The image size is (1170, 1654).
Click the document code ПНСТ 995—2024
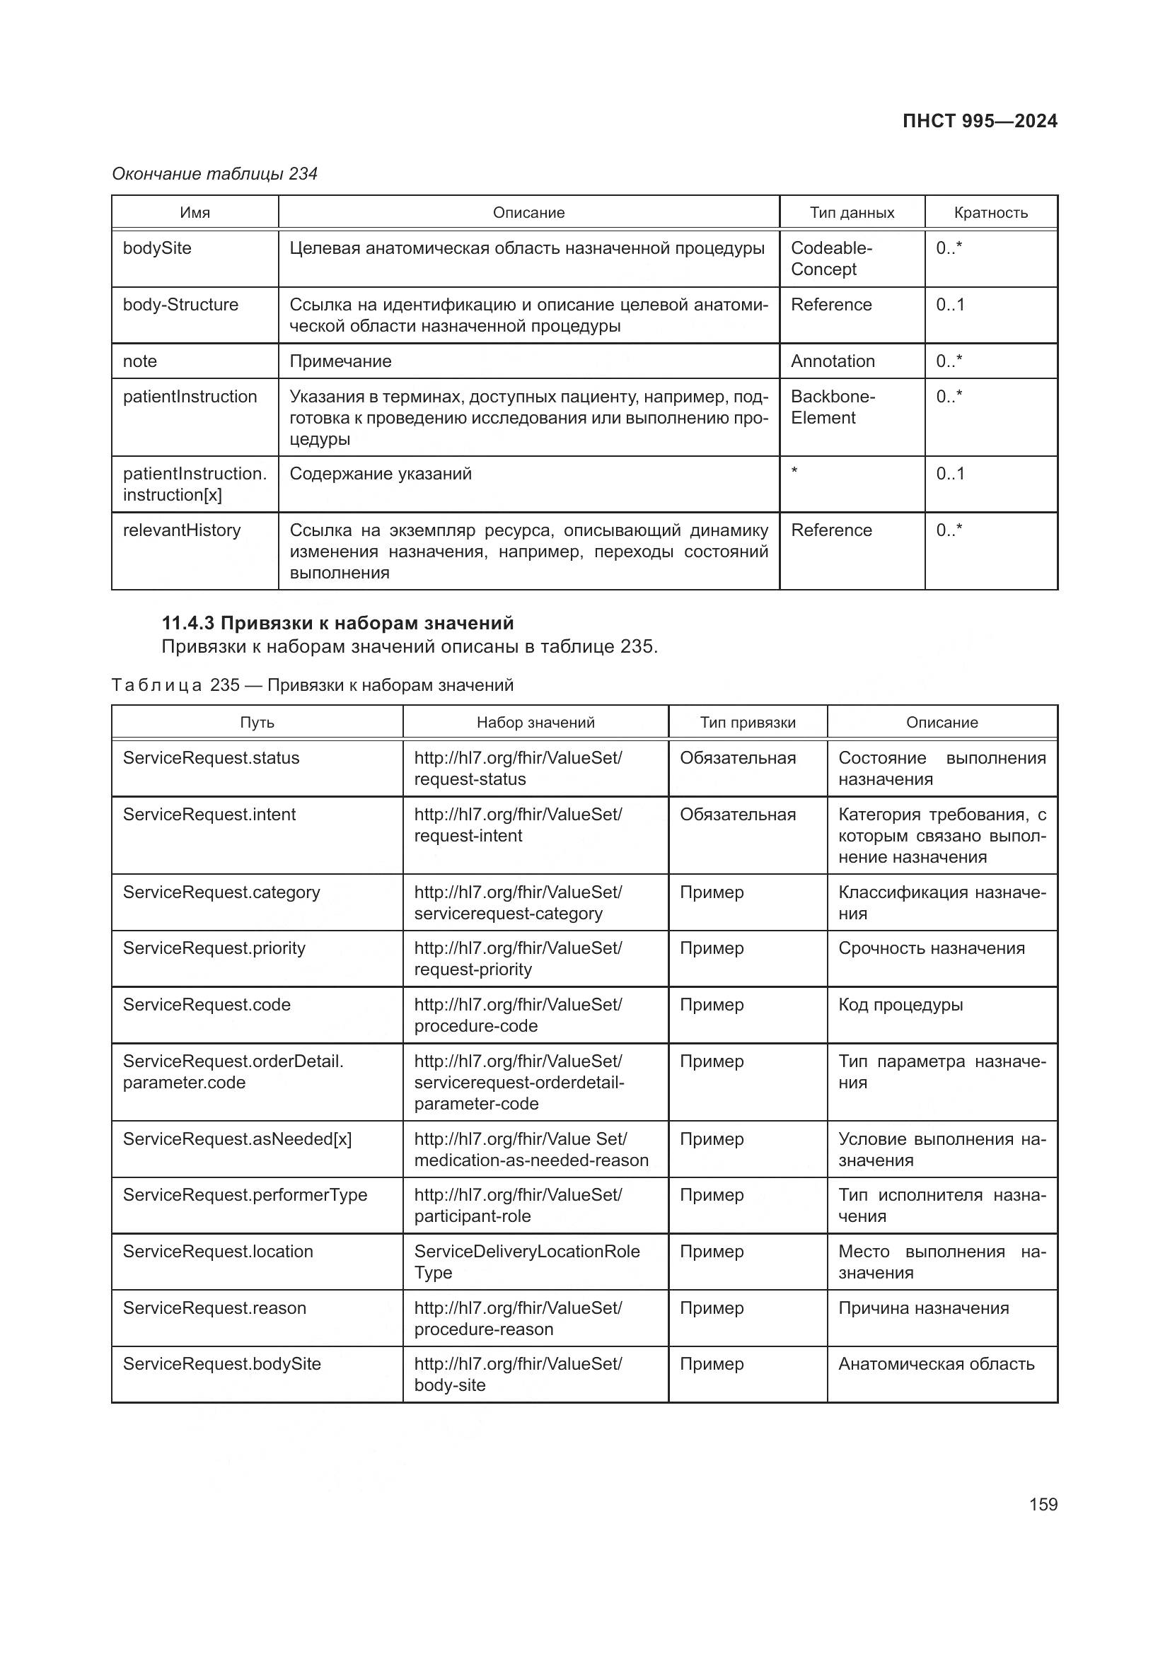coord(979,121)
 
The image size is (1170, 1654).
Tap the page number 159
coord(1043,1504)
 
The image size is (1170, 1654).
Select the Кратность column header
coord(990,213)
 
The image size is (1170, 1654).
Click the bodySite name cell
coord(157,248)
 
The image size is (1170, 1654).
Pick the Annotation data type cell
coord(832,361)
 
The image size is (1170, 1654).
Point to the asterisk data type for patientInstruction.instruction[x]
coord(794,472)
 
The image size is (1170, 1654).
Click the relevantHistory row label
coord(182,531)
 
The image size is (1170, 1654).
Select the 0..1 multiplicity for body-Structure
coord(949,305)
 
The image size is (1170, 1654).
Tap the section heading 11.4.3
coord(337,623)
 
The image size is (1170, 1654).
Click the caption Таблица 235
coord(312,685)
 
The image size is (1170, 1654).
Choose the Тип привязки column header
coord(747,723)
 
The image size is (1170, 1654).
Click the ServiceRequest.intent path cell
coord(209,815)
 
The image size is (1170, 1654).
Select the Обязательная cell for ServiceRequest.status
coord(737,759)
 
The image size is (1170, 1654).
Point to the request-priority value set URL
coord(517,959)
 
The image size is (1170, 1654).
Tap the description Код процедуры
coord(900,1005)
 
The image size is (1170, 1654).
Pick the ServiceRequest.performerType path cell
coord(244,1195)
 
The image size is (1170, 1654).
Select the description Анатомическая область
coord(935,1363)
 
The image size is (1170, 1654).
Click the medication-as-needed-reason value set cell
coord(531,1150)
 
